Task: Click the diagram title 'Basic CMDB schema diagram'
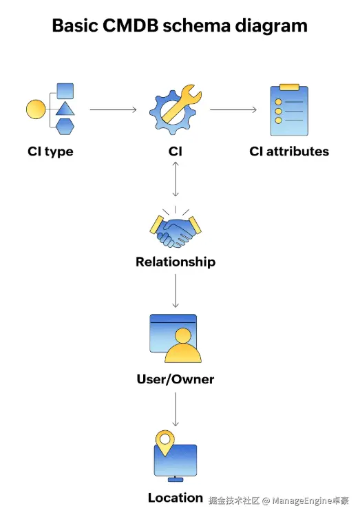pos(180,26)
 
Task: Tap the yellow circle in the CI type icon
pos(35,109)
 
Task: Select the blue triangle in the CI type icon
pos(64,109)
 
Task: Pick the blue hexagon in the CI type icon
pos(64,127)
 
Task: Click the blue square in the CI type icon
pos(65,91)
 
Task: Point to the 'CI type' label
pos(50,151)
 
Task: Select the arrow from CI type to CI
pos(113,109)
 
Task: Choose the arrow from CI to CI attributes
pos(234,109)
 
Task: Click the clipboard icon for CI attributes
pos(288,110)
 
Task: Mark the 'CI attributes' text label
pos(289,151)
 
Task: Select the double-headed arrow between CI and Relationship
pos(176,180)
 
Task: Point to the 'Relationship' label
pos(175,262)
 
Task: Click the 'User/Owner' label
pos(175,379)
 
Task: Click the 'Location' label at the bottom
pos(175,498)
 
